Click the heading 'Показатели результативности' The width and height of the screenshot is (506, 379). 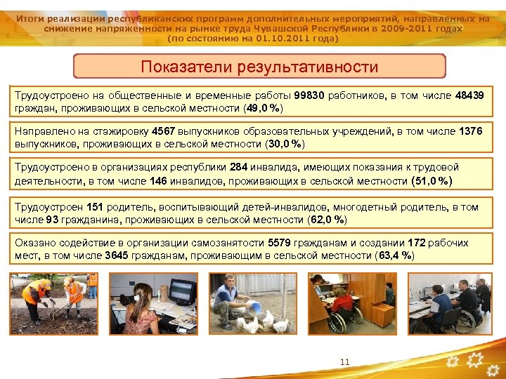click(x=259, y=67)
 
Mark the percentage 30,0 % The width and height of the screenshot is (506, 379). click(x=286, y=144)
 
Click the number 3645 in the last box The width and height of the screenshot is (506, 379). click(x=117, y=255)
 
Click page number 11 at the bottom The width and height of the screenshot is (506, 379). click(x=344, y=362)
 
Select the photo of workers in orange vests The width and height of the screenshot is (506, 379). click(x=53, y=303)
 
